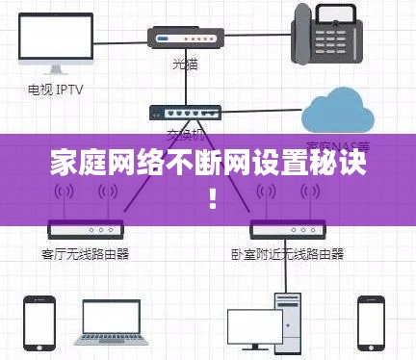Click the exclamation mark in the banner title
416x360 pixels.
pos(211,200)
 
